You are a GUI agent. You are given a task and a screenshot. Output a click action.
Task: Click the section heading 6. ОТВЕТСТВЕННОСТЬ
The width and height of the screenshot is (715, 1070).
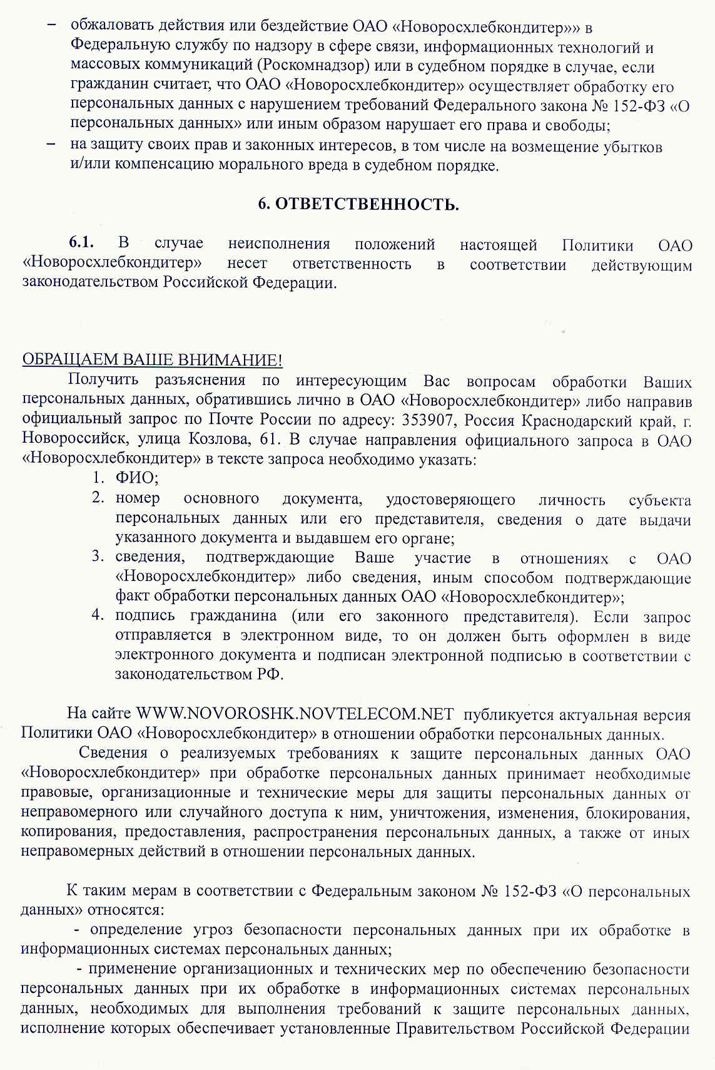(x=358, y=205)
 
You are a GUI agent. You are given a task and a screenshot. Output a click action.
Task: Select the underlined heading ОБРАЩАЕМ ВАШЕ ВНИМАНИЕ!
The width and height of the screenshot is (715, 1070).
(x=152, y=360)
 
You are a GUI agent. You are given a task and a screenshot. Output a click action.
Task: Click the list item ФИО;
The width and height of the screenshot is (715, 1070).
(x=137, y=478)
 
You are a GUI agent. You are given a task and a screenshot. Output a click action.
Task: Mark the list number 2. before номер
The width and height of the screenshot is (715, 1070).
(x=98, y=498)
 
